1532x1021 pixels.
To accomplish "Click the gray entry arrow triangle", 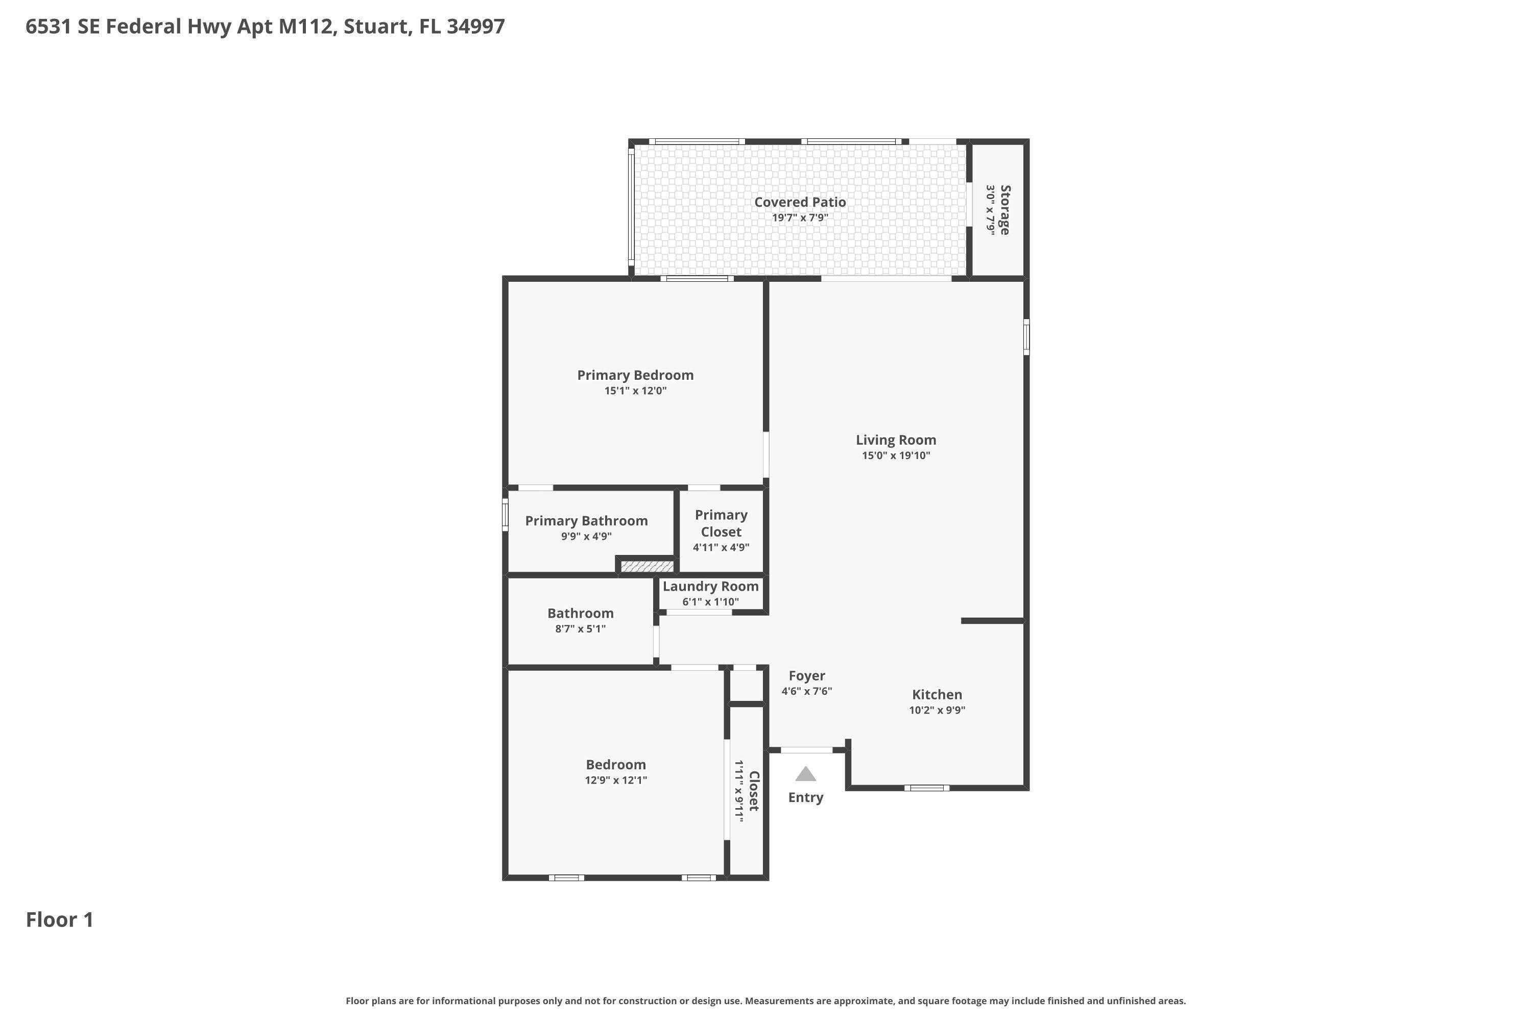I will [806, 774].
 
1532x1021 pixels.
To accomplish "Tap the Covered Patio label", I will [800, 202].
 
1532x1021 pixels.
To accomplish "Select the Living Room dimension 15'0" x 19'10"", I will [896, 456].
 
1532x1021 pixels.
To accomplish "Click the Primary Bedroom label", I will [635, 375].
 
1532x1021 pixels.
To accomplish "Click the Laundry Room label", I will [710, 586].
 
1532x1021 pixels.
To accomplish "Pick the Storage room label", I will [1005, 210].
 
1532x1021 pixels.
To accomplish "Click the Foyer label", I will [806, 676].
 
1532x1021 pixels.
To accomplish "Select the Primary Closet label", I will [721, 523].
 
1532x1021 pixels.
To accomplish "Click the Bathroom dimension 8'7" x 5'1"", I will [580, 629].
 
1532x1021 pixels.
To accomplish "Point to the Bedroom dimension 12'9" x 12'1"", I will [615, 780].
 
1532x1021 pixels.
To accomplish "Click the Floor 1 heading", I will [59, 920].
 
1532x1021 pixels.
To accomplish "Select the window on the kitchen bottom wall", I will [926, 788].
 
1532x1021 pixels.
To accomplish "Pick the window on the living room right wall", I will [1026, 336].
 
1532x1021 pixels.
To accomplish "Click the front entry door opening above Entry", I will [806, 750].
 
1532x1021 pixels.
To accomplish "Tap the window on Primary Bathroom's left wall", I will [505, 515].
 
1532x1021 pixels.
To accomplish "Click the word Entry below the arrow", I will [806, 797].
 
